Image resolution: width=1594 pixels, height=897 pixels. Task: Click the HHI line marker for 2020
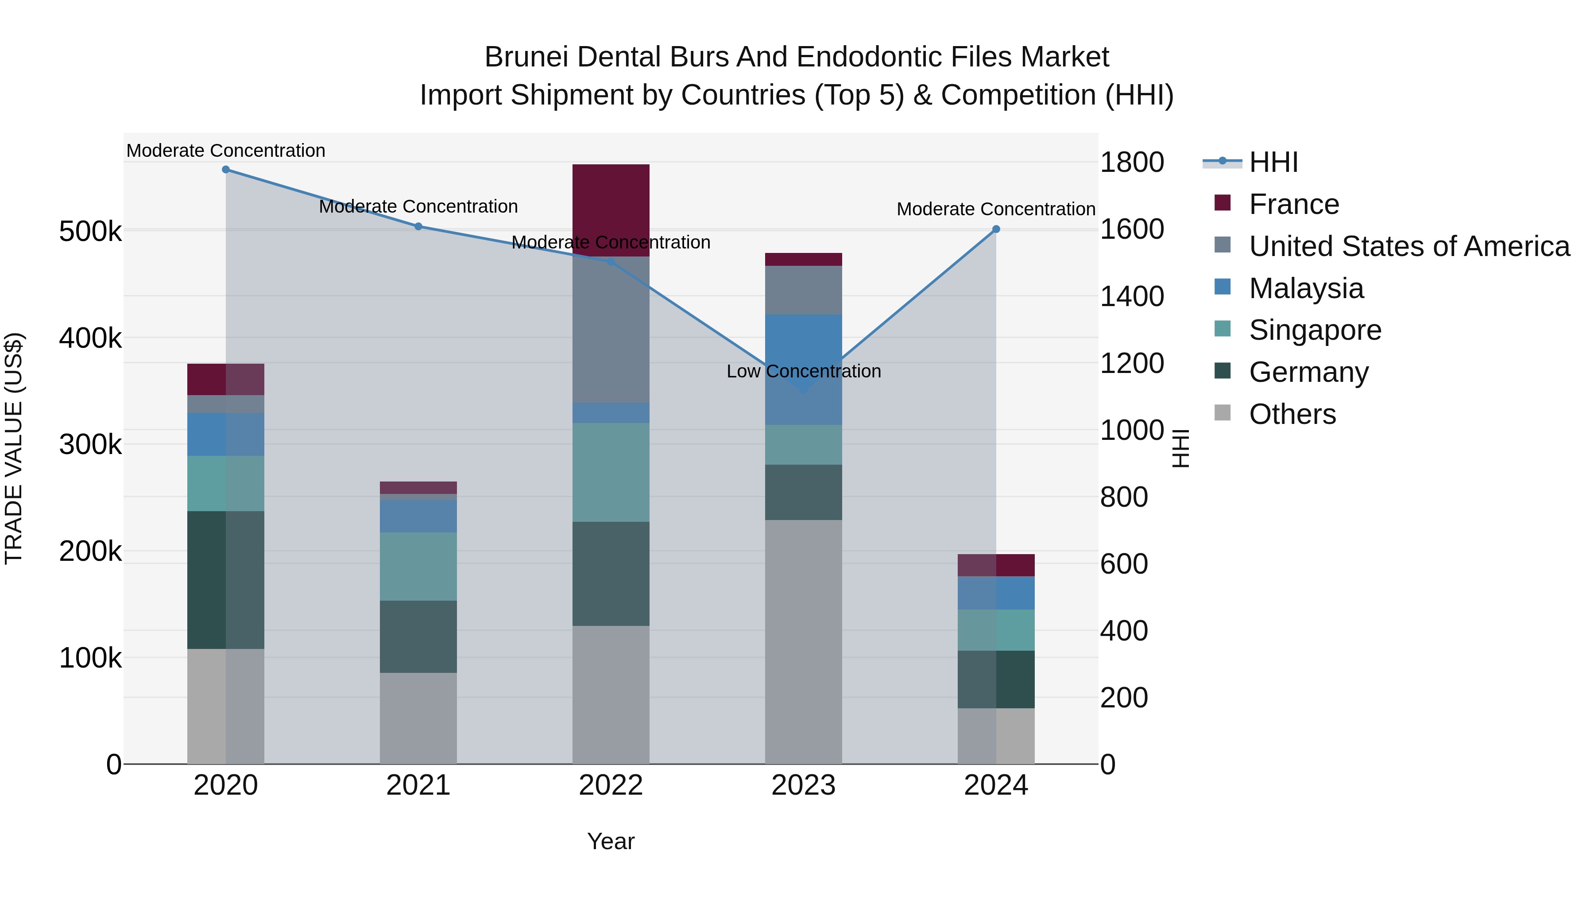pos(226,170)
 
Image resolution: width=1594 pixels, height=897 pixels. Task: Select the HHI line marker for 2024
pos(996,229)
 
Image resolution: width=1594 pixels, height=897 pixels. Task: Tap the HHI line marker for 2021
pos(418,226)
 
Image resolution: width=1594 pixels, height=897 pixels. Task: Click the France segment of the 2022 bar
pos(611,210)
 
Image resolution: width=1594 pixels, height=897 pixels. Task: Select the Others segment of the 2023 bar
pos(803,641)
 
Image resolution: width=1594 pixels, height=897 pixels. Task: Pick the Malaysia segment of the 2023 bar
pos(803,369)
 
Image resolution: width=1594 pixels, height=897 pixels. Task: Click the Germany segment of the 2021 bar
pos(418,637)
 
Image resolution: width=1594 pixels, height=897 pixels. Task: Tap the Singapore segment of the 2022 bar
pos(611,472)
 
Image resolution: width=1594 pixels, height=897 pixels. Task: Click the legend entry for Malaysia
pos(1306,288)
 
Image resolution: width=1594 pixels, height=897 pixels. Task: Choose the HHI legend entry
pos(1273,162)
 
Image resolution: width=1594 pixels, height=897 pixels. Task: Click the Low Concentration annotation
pos(803,372)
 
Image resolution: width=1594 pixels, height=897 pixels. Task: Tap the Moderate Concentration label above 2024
pos(996,209)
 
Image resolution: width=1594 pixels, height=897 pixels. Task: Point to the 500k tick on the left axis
pos(90,232)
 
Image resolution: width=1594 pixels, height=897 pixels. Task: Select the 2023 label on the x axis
pos(803,785)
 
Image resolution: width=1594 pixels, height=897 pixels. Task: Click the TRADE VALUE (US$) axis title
pos(14,448)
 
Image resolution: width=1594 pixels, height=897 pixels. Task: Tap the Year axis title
pos(611,841)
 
